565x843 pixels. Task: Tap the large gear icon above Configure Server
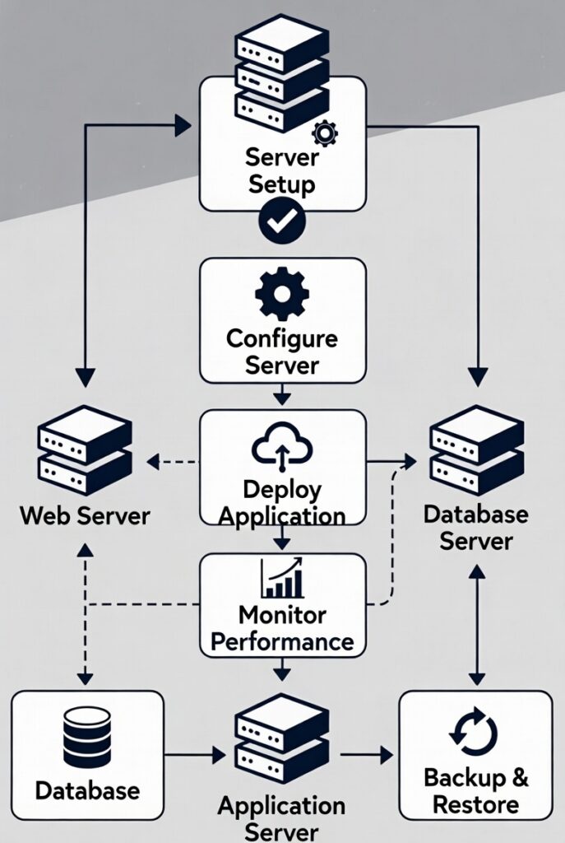click(282, 294)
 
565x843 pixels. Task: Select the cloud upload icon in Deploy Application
click(282, 449)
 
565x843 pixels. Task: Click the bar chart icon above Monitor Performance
click(282, 579)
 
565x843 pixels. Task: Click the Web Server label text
click(85, 516)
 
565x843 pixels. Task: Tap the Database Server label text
click(475, 528)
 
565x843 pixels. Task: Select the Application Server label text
click(281, 818)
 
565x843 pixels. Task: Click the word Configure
click(282, 338)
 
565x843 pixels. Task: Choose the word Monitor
click(282, 615)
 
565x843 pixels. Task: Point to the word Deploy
click(281, 489)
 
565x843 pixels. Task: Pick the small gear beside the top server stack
click(326, 131)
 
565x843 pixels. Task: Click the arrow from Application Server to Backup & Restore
click(367, 754)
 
